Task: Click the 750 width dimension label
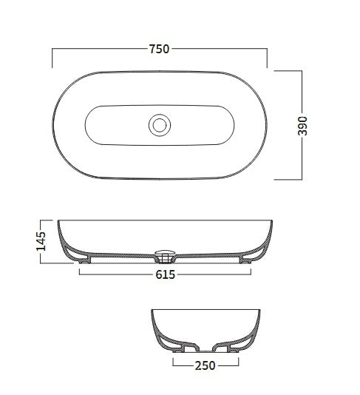point(159,50)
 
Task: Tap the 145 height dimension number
point(41,241)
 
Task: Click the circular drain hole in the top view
point(159,124)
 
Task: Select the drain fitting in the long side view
point(165,257)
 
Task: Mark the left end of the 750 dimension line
point(52,50)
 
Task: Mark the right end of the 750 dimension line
point(267,50)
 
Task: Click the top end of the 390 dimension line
point(302,71)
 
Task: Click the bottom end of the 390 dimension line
point(302,179)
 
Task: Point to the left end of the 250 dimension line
point(172,365)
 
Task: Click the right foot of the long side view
point(242,260)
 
